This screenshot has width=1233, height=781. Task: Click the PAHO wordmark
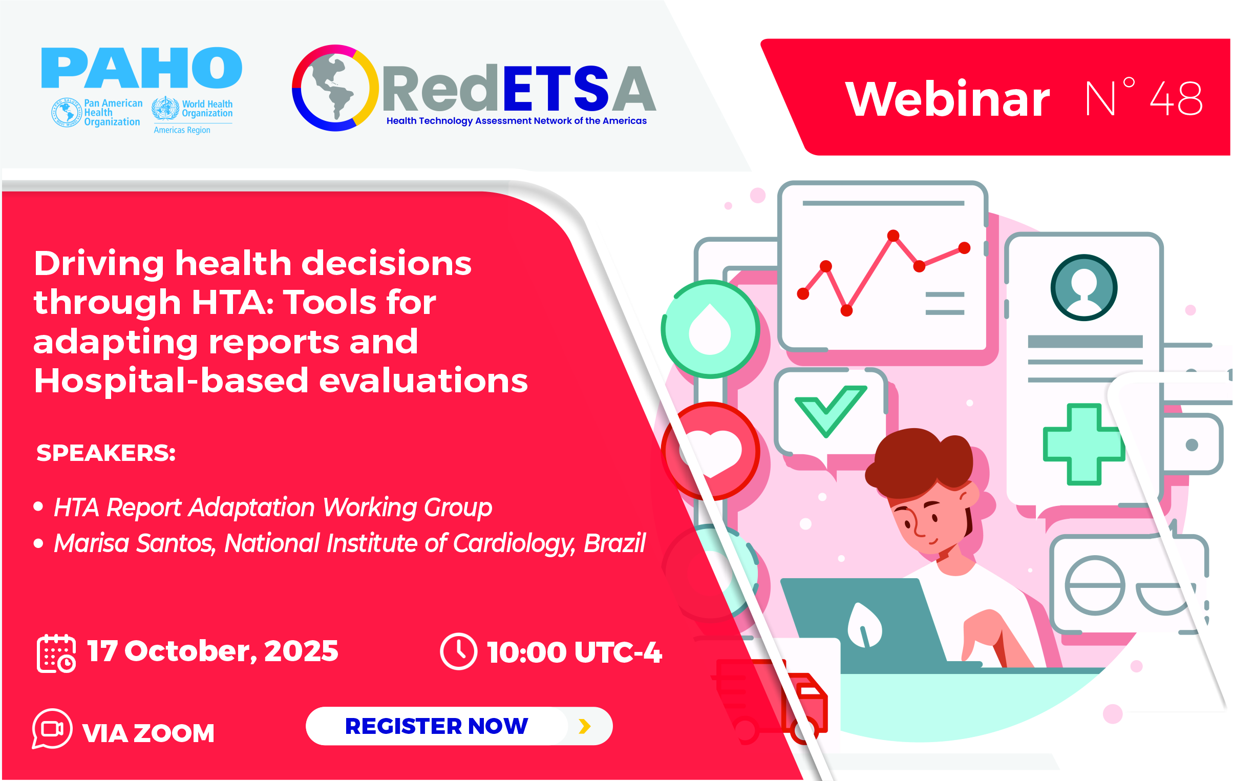tap(141, 68)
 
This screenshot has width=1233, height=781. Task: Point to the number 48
tap(1176, 98)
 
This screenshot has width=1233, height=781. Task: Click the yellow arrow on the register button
tap(584, 726)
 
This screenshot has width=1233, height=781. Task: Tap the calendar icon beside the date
tap(56, 653)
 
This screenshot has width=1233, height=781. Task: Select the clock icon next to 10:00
tap(458, 651)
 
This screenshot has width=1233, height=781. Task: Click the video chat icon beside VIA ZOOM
tap(52, 729)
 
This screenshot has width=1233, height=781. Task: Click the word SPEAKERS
tap(106, 453)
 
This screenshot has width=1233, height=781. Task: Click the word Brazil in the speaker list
tap(614, 543)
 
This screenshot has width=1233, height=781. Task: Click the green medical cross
tap(1083, 444)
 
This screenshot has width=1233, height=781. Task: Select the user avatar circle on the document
tap(1083, 287)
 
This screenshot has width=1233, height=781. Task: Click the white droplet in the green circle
tap(710, 329)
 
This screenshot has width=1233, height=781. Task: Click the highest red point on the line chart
tap(893, 236)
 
